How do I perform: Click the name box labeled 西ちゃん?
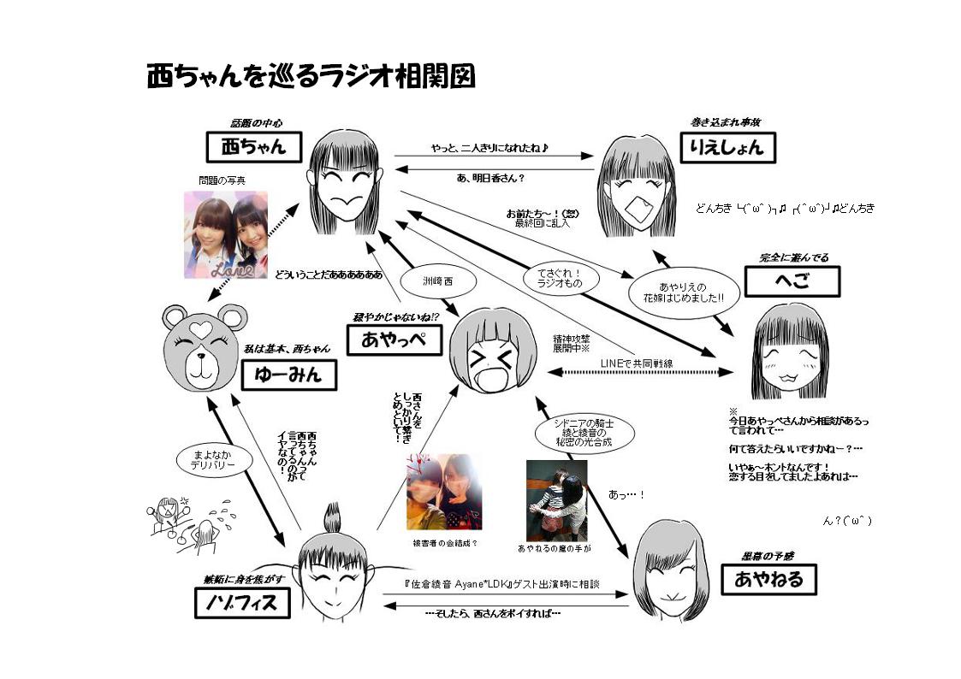pos(256,147)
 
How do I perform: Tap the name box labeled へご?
pos(792,281)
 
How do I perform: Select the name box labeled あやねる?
pos(768,579)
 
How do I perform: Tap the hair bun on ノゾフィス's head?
pos(331,519)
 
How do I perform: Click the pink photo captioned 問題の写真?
pos(225,234)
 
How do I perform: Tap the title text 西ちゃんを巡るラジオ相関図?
pos(310,76)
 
